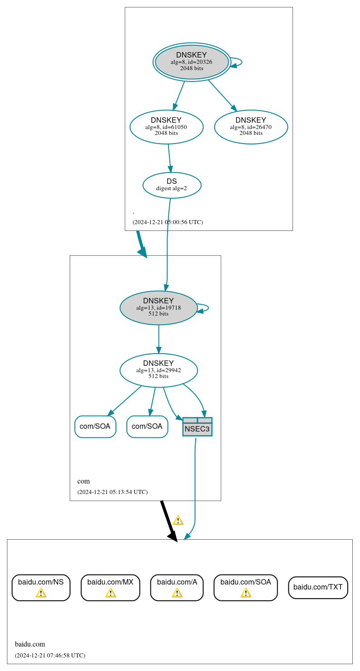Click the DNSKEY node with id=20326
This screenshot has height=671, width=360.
click(192, 62)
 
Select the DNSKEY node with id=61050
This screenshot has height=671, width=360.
click(166, 127)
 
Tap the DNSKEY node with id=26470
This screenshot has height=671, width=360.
click(251, 127)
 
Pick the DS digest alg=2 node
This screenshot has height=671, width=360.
click(172, 185)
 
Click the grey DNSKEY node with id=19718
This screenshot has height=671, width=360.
click(158, 307)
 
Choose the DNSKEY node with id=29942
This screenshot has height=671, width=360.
click(158, 370)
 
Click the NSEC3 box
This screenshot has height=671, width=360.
click(197, 427)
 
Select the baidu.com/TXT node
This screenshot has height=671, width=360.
click(318, 587)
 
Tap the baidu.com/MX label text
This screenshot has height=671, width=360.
click(110, 582)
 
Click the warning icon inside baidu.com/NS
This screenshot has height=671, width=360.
click(41, 593)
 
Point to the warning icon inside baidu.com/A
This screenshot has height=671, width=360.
click(177, 593)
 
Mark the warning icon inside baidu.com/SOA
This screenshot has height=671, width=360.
click(245, 593)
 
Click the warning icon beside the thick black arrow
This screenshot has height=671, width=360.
click(178, 520)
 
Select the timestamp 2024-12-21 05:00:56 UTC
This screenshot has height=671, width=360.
click(168, 222)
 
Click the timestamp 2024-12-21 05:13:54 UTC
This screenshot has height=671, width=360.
click(112, 492)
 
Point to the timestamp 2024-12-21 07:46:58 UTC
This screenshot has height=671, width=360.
click(50, 655)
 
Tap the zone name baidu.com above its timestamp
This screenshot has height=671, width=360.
click(30, 644)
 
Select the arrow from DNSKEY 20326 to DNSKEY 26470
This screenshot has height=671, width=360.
click(222, 95)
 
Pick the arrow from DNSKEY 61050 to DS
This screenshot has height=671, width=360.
click(170, 158)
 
